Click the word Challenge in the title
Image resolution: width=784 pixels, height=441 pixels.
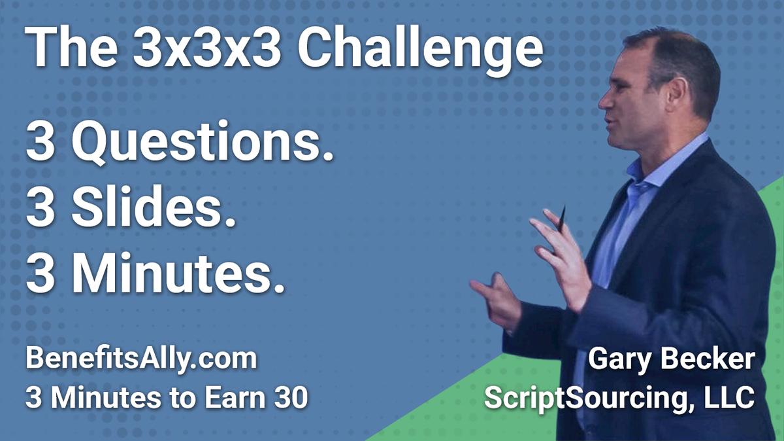[421, 48]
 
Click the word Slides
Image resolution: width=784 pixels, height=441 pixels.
[155, 209]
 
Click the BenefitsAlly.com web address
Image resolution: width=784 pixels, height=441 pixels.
[140, 361]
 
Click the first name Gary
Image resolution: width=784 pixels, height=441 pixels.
[617, 361]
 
